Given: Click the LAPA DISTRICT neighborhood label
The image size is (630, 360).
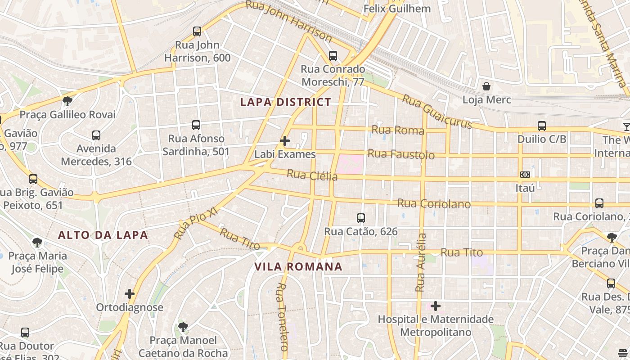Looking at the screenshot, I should coord(286,102).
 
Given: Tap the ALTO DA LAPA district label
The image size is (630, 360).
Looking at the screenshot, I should coord(103,235).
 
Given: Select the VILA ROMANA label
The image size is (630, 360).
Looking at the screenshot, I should coord(298,266).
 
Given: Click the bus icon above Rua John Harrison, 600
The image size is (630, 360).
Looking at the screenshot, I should coord(197,31).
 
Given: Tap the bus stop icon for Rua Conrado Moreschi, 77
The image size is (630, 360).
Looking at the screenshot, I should coord(333,56).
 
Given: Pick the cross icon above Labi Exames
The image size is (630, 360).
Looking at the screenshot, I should coord(285,141).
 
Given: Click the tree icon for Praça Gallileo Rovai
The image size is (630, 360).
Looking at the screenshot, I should coord(67,101).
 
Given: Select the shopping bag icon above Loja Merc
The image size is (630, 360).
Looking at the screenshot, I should coord(486,86).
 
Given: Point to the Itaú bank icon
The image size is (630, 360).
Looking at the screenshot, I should coord(525,175).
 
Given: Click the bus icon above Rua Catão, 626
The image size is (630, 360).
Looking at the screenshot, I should coord(361,218).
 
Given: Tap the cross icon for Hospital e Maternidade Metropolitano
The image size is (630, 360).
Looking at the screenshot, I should coord(436,306).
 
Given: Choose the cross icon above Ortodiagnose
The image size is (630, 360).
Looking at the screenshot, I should coord(130,294).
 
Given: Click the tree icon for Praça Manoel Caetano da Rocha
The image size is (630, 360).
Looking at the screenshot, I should coord(183,327).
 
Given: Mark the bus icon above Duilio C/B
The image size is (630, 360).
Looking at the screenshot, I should coord(542,126).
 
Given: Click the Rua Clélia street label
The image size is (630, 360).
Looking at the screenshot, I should coord(312,175).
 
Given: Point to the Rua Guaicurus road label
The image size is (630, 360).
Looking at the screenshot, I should coord(437,111).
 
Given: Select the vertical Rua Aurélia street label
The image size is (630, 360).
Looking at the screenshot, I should coord(421,262).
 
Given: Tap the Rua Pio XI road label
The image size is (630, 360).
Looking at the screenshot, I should coord(196,224).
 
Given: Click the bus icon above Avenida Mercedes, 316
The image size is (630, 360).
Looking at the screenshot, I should coord(96,135).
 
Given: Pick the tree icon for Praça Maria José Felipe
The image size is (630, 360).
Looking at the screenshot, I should coord(38,243).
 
